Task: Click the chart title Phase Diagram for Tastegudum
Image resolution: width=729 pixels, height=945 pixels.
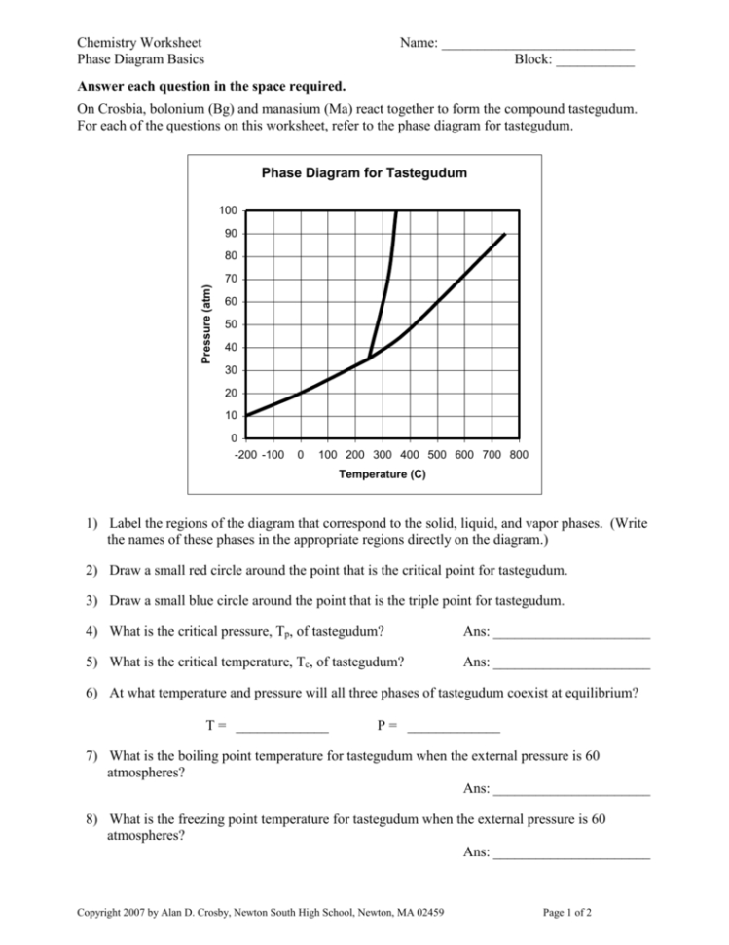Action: tap(364, 173)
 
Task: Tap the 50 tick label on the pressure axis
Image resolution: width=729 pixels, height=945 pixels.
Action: tap(228, 324)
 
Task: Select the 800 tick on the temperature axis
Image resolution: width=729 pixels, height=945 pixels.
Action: tap(519, 455)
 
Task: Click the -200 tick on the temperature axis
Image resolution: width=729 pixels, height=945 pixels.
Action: tap(247, 455)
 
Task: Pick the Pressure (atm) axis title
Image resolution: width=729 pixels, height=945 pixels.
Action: tap(205, 325)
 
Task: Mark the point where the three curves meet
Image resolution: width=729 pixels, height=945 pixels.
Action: tap(369, 359)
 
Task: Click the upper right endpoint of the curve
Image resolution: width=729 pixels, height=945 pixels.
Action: tap(505, 234)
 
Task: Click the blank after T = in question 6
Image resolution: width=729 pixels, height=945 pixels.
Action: tap(282, 728)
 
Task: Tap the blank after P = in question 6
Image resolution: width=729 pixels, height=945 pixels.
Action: tap(454, 728)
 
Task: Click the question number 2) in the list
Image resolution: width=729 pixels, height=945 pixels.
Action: tap(90, 569)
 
